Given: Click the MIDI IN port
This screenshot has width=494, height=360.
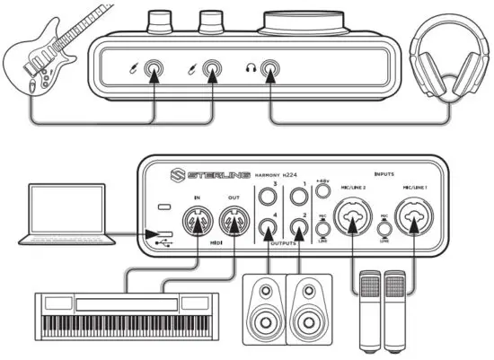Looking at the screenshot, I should click(196, 222).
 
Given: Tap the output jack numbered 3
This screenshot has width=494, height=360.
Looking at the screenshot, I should click(267, 197).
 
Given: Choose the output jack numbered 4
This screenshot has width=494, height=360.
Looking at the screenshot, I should click(267, 230).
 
